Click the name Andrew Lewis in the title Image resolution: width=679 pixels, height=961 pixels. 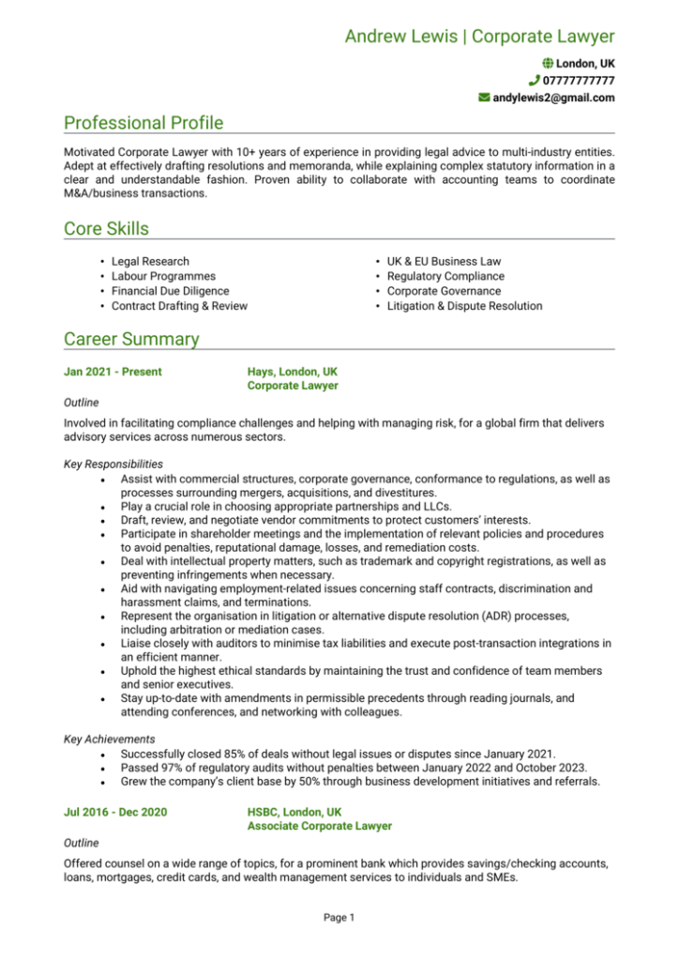tap(400, 37)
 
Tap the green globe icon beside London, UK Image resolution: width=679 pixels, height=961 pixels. tap(548, 62)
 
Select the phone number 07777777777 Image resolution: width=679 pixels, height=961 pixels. tap(578, 80)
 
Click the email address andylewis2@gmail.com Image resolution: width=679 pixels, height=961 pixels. tap(553, 98)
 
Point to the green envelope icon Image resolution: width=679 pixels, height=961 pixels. tap(484, 98)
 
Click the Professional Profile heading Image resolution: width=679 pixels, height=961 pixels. tap(143, 123)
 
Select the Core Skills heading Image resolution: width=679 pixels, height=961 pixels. tap(106, 229)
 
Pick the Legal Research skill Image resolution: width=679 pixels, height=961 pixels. tap(150, 261)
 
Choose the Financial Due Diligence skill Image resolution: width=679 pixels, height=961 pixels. tap(170, 291)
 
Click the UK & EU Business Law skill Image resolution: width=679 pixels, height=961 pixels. tap(444, 261)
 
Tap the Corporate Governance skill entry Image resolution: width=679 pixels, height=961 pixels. tap(444, 291)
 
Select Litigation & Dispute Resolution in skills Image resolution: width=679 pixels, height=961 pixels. tap(464, 306)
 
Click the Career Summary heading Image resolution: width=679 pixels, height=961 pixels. tap(131, 339)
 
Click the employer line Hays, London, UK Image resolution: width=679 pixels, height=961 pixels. tap(293, 372)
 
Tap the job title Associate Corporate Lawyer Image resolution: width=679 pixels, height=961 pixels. tap(320, 826)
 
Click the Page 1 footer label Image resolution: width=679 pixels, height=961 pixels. tap(339, 917)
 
